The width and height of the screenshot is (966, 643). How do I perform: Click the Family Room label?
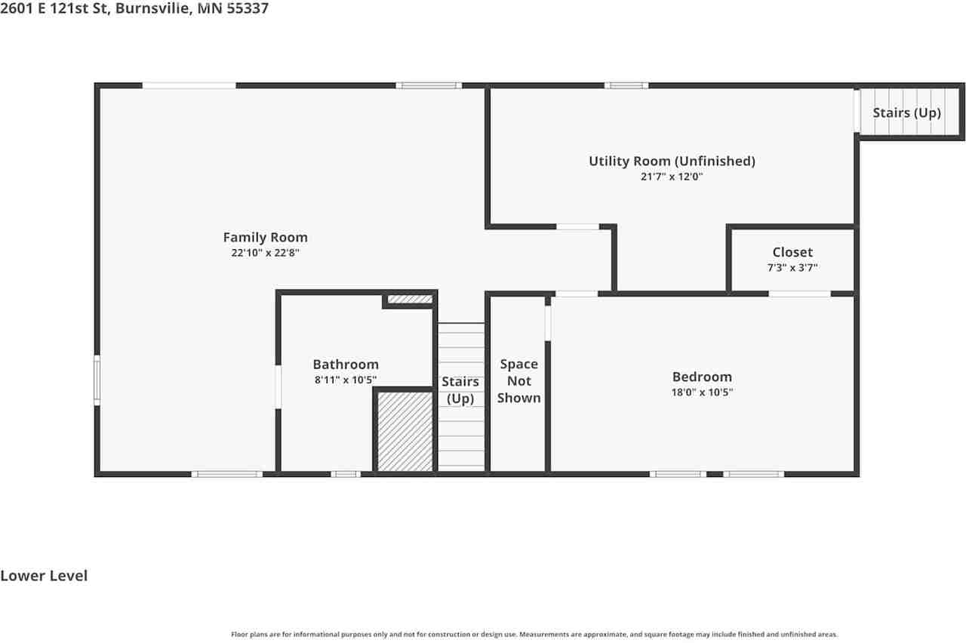[x=265, y=238]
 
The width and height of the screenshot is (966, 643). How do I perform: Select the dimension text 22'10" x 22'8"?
[x=265, y=254]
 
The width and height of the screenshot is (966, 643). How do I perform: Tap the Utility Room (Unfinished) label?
[x=672, y=161]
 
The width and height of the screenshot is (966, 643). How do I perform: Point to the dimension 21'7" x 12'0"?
[x=672, y=177]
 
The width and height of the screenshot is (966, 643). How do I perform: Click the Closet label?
[x=792, y=252]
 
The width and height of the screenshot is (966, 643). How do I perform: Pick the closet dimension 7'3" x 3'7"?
[x=792, y=267]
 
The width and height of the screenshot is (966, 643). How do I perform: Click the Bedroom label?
[x=702, y=377]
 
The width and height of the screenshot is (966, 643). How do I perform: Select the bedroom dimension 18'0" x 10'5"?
[x=702, y=392]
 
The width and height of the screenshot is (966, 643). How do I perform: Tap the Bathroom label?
[x=346, y=365]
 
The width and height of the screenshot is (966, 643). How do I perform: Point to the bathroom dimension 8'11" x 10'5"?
[x=346, y=380]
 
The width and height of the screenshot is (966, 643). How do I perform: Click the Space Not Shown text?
[x=518, y=381]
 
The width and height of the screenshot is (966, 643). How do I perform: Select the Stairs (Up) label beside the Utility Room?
[x=906, y=112]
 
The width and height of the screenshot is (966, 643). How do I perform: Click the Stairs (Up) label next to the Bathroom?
[x=460, y=389]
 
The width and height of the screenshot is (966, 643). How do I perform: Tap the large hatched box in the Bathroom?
[x=405, y=431]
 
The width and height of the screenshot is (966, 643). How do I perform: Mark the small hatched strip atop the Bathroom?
[x=410, y=300]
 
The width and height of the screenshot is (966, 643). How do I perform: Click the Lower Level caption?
[x=44, y=576]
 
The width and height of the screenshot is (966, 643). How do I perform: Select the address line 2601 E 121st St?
[x=134, y=9]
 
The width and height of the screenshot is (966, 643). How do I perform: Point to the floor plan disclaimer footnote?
[x=534, y=635]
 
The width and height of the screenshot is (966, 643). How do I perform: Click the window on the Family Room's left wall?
[x=97, y=380]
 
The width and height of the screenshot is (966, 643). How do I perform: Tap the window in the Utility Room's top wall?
[x=626, y=85]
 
